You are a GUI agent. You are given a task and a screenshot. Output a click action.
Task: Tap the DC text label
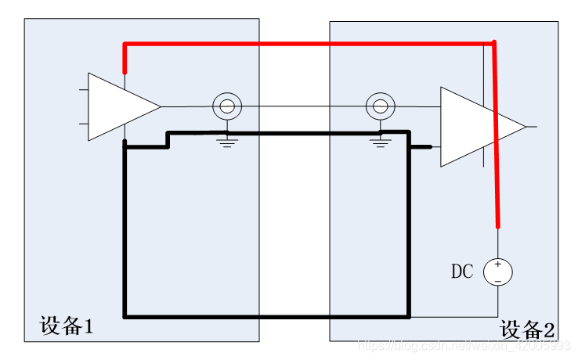[x=462, y=272]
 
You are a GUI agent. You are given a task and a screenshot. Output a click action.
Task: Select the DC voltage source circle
[x=498, y=272]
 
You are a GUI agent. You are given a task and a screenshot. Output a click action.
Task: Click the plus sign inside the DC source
[x=498, y=265]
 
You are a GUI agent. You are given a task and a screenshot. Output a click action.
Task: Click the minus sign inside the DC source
[x=498, y=279]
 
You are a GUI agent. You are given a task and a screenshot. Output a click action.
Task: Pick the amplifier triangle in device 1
[x=117, y=107]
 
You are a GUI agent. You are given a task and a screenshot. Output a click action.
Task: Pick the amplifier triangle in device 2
[x=474, y=127]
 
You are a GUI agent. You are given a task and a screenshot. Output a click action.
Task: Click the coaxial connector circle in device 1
[x=227, y=106]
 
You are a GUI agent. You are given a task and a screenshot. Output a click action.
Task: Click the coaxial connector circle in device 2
[x=381, y=106]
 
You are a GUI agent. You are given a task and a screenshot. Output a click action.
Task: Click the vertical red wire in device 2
[x=496, y=141]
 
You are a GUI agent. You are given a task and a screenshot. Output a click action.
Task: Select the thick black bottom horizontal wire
[x=266, y=317]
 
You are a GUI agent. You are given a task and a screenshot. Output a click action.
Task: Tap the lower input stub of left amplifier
[x=84, y=123]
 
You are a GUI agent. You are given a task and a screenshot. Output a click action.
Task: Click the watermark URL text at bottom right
[x=462, y=345]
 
